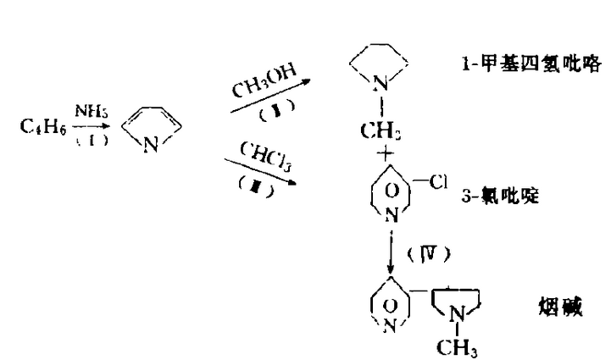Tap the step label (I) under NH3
[91, 140]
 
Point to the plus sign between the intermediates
[388, 153]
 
